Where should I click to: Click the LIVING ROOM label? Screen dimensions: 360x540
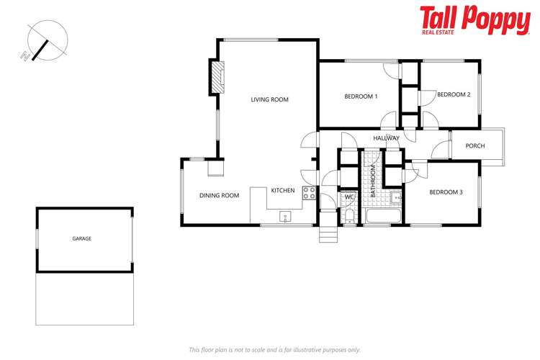click(x=269, y=99)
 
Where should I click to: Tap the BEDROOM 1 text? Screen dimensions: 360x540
click(x=361, y=96)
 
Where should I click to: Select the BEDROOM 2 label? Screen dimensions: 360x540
click(x=454, y=94)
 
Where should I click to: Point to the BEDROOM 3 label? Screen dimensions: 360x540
click(x=446, y=192)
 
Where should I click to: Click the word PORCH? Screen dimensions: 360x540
click(x=475, y=145)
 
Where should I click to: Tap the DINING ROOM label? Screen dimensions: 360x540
click(x=219, y=195)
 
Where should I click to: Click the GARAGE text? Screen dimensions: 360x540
click(x=81, y=238)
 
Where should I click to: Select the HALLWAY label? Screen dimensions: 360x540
click(x=386, y=138)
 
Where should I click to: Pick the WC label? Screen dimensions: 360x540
click(x=348, y=197)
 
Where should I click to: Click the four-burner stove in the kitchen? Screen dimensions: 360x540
click(x=308, y=193)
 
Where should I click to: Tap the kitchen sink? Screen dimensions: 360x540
click(x=285, y=216)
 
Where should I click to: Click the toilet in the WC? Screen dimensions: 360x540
click(x=348, y=216)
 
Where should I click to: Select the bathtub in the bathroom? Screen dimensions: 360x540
click(x=382, y=217)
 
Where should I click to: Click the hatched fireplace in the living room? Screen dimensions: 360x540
click(x=217, y=76)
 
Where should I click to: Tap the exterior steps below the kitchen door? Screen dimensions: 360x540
click(x=328, y=234)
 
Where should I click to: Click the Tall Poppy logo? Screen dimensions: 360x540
click(x=474, y=20)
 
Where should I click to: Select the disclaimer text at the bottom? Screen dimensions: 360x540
click(x=274, y=349)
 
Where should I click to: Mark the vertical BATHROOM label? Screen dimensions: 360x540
click(x=373, y=182)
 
